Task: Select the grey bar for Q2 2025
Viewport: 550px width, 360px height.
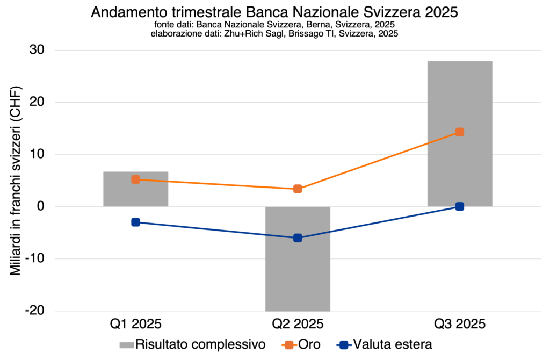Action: coord(298,269)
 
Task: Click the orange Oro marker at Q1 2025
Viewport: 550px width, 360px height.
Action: coord(136,179)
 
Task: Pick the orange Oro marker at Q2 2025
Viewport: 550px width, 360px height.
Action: coord(298,189)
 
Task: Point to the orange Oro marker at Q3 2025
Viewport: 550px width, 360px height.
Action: coord(460,132)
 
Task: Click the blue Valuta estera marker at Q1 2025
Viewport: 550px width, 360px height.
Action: coord(136,222)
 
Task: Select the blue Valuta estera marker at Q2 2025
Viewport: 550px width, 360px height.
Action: coord(298,237)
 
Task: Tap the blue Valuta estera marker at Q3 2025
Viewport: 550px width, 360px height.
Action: coord(460,206)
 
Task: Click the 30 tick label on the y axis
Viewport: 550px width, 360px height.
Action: coord(37,50)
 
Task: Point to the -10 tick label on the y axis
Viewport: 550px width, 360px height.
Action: coord(34,258)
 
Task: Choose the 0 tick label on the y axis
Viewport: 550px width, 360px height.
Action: coord(41,206)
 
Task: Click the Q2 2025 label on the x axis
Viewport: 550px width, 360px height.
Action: coord(298,324)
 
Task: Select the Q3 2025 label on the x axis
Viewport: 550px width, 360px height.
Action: coord(460,324)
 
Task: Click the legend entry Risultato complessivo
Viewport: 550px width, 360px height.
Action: coord(200,343)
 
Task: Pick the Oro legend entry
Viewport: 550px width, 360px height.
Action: coord(310,343)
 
